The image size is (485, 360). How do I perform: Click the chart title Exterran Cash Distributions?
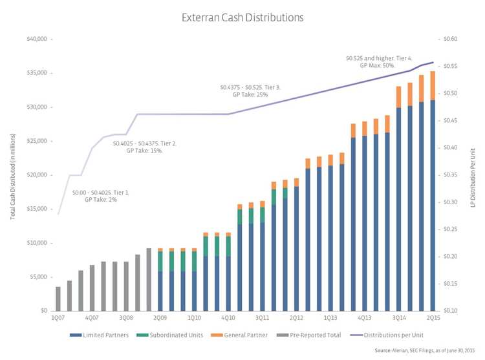click(x=242, y=17)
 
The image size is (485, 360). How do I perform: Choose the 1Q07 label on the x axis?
click(x=58, y=318)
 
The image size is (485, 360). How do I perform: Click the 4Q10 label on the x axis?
click(x=228, y=318)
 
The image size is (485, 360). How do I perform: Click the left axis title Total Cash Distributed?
click(x=12, y=175)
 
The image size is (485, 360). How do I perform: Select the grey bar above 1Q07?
click(x=58, y=299)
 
